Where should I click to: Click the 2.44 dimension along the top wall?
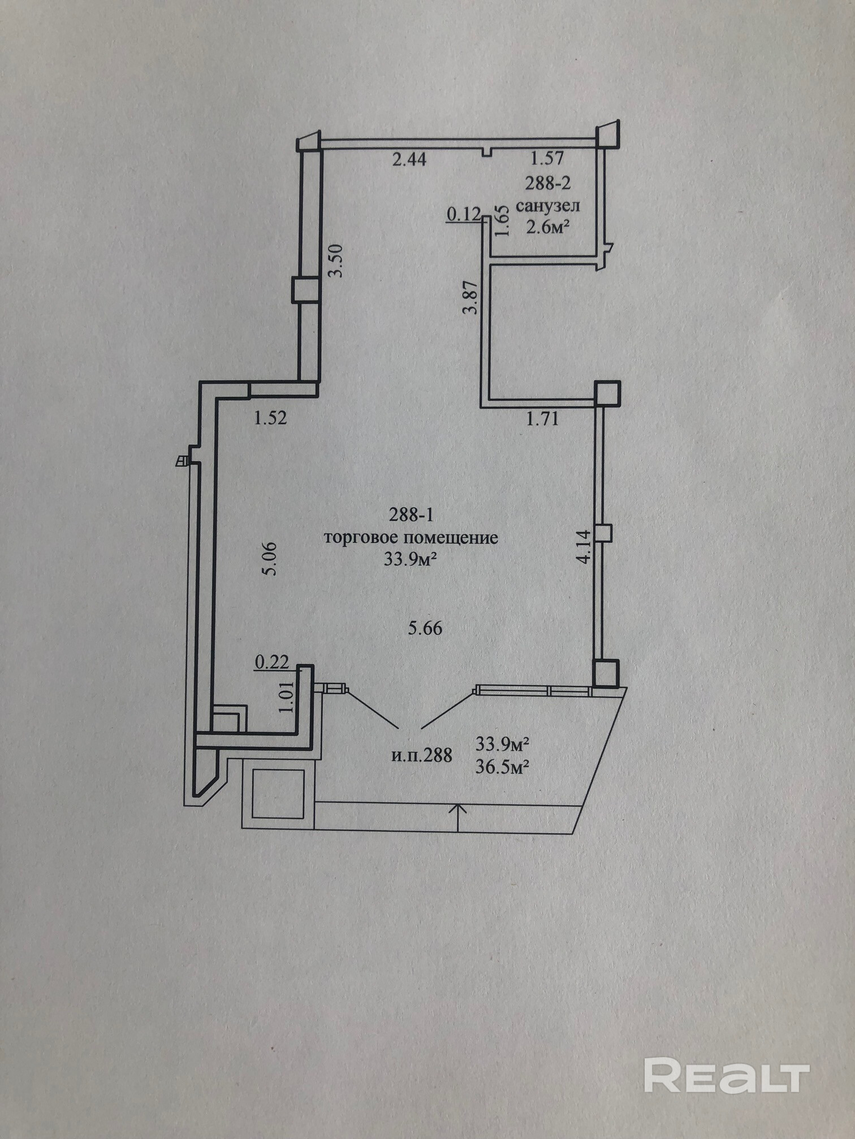pos(409,159)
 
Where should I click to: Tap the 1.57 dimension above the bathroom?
pos(547,158)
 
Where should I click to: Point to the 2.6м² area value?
pos(547,227)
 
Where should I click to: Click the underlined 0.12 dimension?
pos(464,214)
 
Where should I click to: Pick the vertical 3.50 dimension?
pos(336,260)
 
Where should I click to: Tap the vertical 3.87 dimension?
pos(470,297)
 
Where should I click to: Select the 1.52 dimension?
pos(270,418)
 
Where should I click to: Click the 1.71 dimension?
pos(542,419)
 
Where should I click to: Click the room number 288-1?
pos(411,514)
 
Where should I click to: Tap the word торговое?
pos(361,537)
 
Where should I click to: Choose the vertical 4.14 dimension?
pos(584,545)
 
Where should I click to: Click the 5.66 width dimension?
pos(425,628)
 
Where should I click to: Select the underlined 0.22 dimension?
pos(272,662)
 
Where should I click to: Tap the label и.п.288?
pos(421,755)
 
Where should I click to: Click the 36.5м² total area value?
pos(502,767)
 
